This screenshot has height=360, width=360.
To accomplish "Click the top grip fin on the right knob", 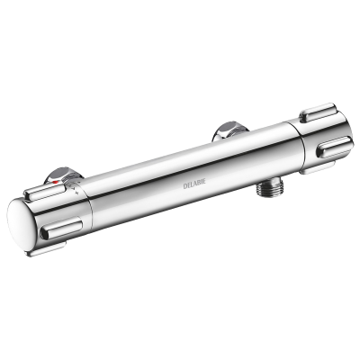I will [x=317, y=112].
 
